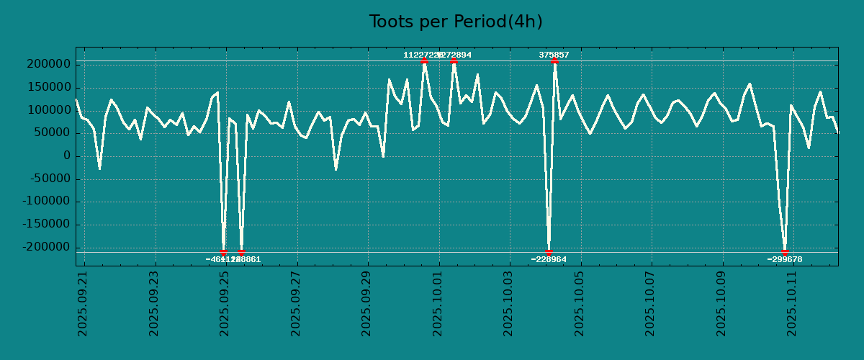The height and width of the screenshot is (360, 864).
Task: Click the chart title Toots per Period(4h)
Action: (x=455, y=22)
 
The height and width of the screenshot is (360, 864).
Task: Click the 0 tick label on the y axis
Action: (x=66, y=156)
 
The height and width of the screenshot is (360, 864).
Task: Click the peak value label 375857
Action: (x=554, y=55)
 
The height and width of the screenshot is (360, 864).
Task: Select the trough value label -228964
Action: (x=549, y=259)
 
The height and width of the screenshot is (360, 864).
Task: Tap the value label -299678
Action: (x=785, y=259)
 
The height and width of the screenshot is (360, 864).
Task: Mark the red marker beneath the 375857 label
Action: (x=554, y=61)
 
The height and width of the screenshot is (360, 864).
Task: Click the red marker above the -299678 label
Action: (x=785, y=252)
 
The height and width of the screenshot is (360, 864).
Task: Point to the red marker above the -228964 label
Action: (x=549, y=252)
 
